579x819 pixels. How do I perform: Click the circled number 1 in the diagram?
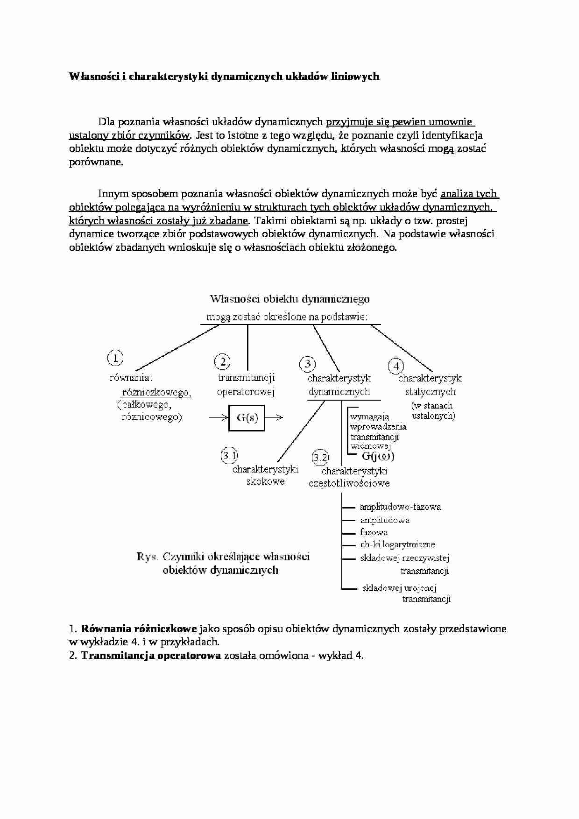tap(115, 358)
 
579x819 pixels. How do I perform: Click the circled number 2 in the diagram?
tap(222, 361)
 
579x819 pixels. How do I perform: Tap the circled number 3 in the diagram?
tap(307, 364)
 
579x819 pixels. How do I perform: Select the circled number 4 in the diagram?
tap(396, 366)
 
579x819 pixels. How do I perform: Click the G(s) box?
tap(247, 417)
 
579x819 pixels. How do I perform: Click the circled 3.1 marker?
tap(229, 454)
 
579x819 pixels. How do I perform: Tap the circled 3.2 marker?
tap(320, 457)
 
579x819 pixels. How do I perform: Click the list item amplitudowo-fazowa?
tap(400, 507)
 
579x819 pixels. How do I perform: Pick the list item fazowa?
tap(374, 532)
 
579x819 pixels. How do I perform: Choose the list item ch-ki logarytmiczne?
tap(397, 544)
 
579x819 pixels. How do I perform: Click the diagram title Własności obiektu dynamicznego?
tap(289, 298)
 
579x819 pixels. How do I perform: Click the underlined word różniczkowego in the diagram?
tap(156, 392)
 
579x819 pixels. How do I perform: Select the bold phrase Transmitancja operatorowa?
tap(151, 655)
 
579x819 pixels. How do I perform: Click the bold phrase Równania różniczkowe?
tap(139, 628)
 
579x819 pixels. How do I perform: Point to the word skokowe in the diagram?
tap(265, 481)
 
